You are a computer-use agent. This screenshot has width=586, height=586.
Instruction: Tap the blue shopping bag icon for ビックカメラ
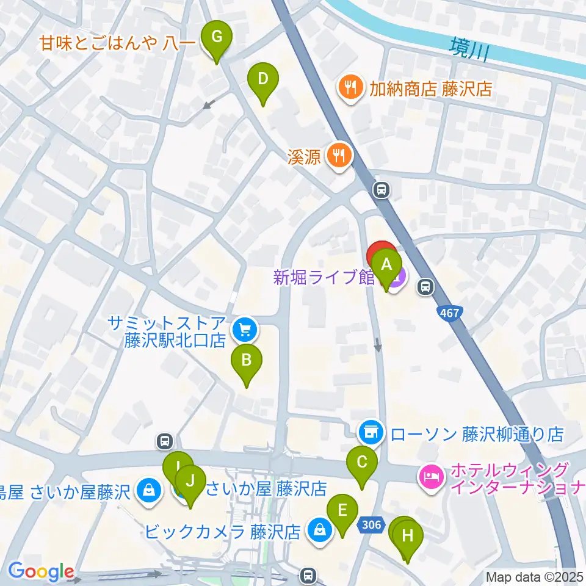point(319,530)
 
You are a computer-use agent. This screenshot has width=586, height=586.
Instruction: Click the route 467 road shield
point(449,313)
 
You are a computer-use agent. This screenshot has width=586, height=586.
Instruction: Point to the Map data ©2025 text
point(535,576)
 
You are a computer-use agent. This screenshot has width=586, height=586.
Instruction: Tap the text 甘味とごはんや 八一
point(117,43)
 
